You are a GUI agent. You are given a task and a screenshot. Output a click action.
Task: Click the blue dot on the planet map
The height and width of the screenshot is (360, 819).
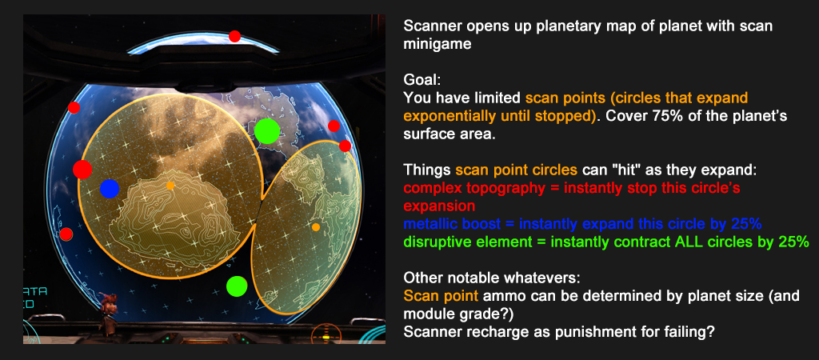110,189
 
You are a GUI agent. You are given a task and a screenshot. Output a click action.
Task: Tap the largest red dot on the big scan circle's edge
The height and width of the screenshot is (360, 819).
82,170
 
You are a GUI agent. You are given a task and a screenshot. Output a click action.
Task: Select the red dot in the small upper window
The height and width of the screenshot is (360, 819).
234,37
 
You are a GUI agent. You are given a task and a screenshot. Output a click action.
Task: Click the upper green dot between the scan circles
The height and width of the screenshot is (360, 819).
267,131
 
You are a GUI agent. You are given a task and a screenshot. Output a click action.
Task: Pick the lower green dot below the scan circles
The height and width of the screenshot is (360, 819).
237,286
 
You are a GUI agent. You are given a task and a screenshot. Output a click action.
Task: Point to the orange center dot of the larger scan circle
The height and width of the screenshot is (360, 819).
170,186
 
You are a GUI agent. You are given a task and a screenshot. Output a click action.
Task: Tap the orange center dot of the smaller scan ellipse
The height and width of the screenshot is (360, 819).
315,227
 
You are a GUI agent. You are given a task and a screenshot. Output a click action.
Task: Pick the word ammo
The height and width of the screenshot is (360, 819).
499,296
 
